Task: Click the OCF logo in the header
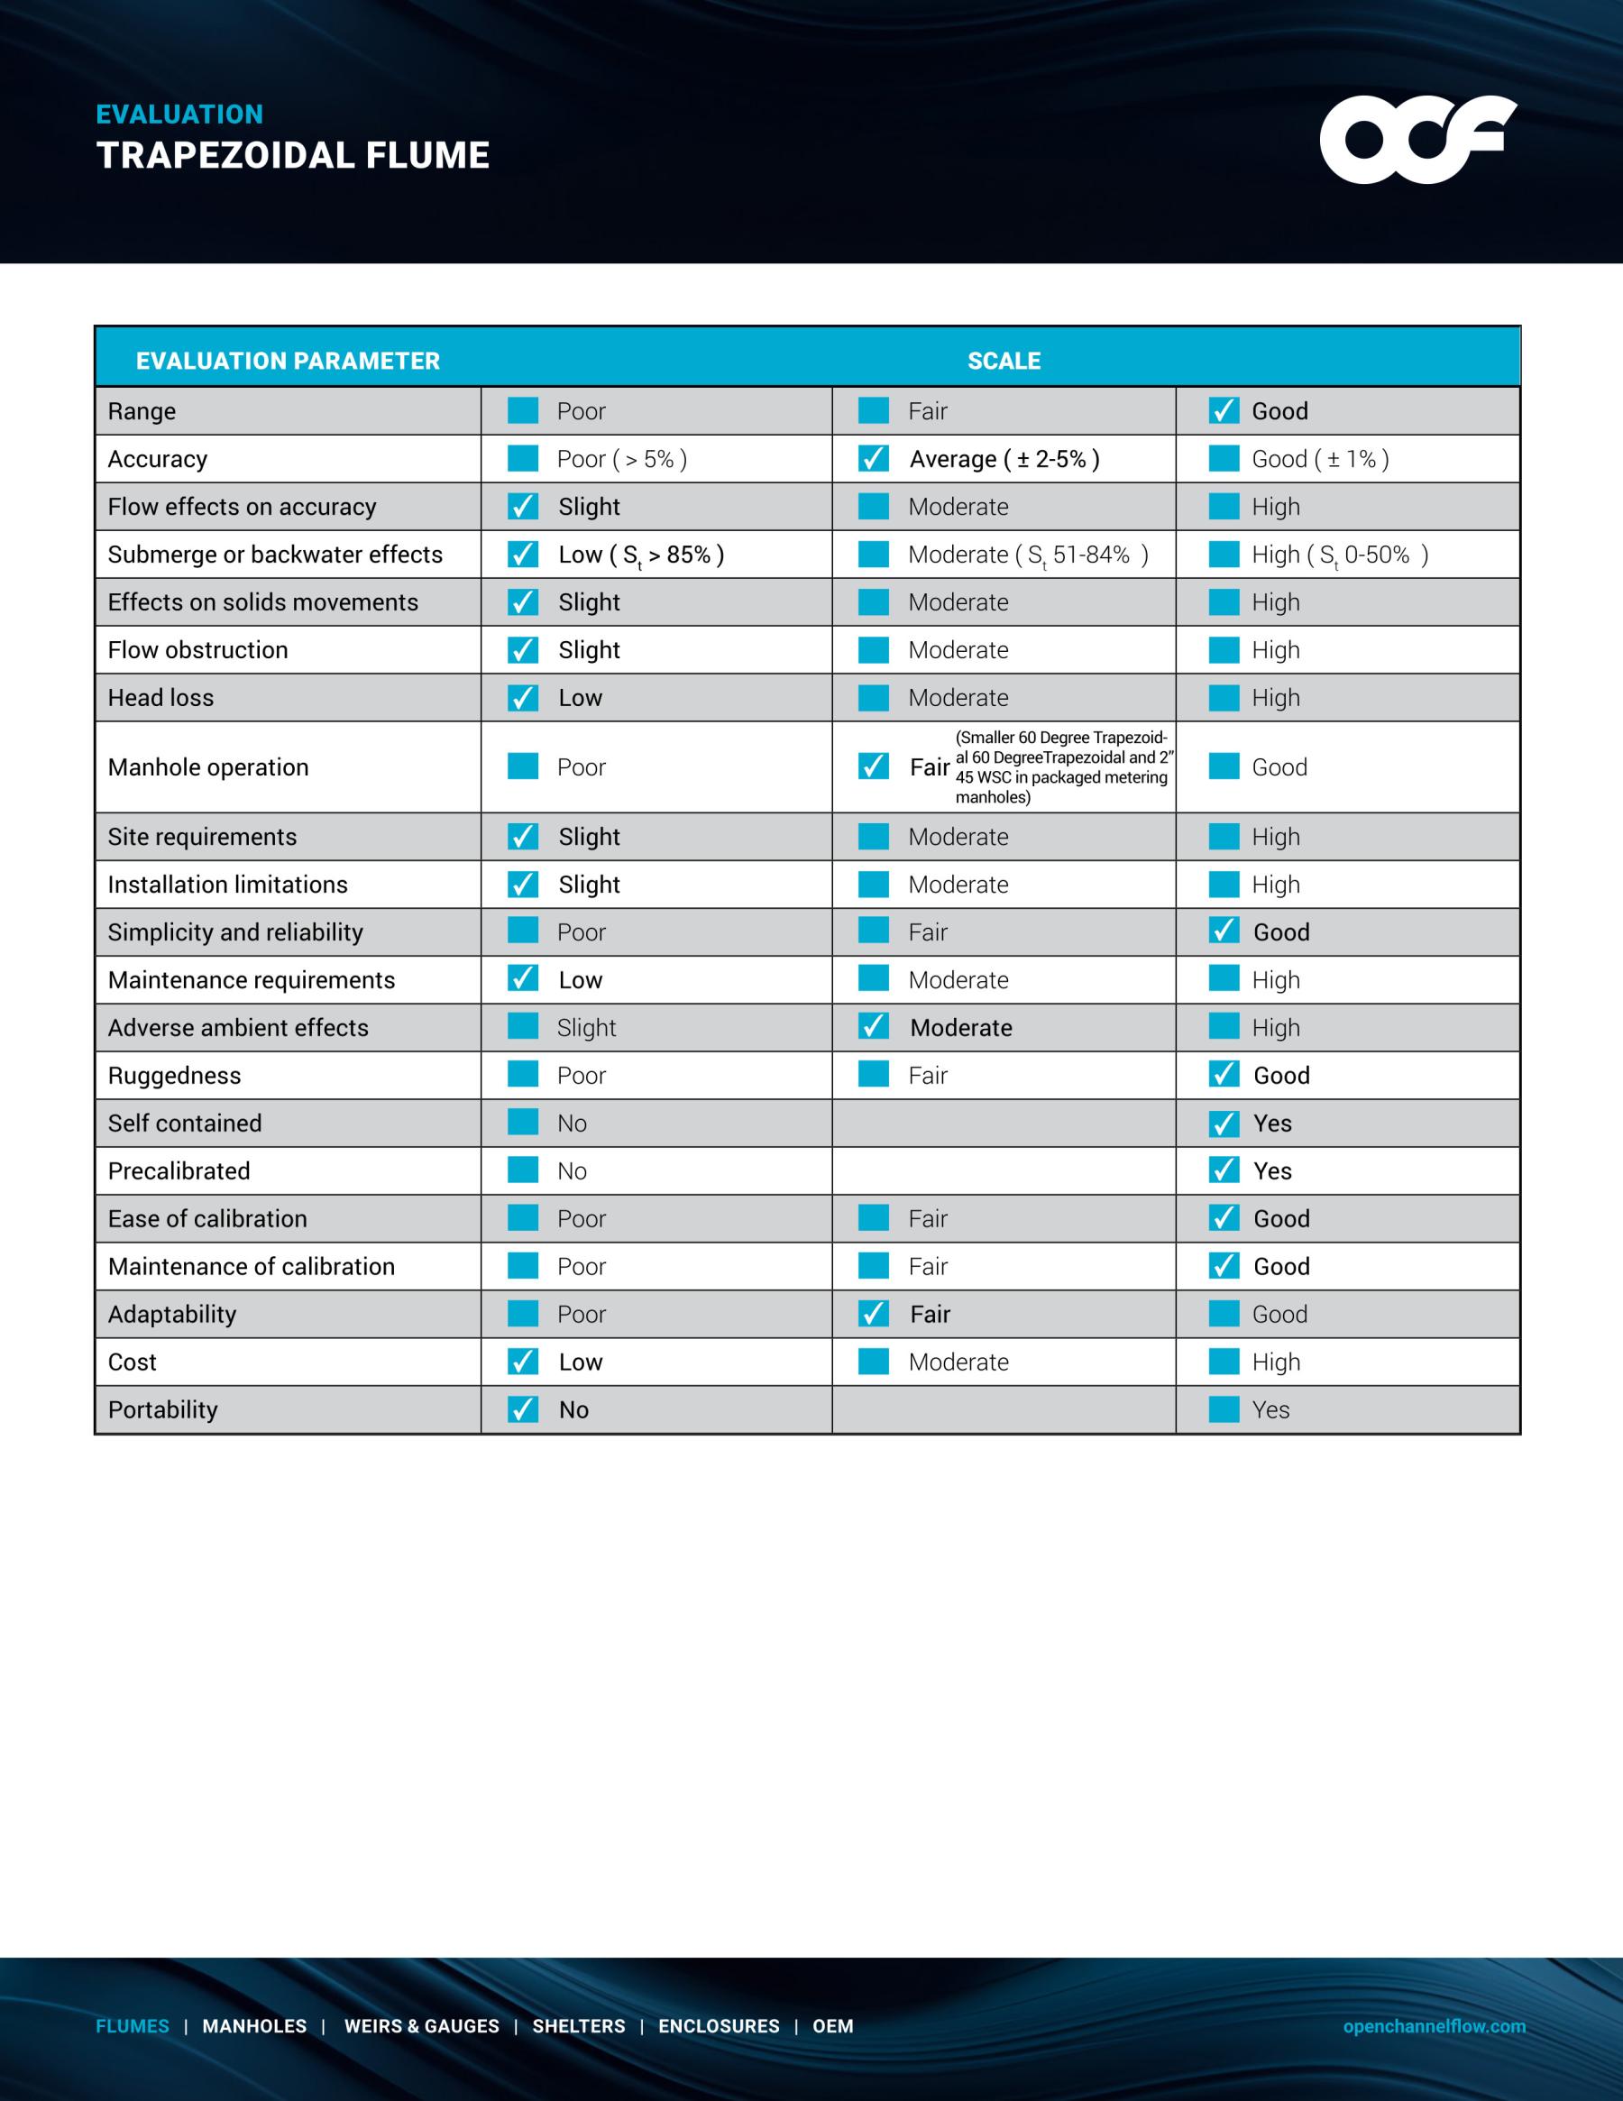click(1417, 140)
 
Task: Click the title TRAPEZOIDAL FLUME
click(293, 156)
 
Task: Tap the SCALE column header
click(1004, 361)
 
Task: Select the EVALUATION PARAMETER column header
click(288, 361)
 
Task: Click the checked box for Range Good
click(1223, 411)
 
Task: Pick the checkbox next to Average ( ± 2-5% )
click(873, 459)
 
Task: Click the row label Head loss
click(160, 697)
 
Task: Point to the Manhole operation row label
click(207, 766)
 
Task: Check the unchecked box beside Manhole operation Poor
click(522, 766)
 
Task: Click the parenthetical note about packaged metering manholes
click(1062, 766)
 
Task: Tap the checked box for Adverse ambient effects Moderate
click(873, 1027)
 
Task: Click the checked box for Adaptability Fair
click(873, 1314)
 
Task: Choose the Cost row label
click(132, 1362)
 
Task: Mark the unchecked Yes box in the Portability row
click(1223, 1409)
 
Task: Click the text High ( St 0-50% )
click(1339, 555)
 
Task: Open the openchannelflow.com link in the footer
click(1434, 2026)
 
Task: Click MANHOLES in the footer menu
click(254, 2026)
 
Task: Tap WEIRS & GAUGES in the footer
click(421, 2026)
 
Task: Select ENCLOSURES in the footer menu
click(719, 2026)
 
